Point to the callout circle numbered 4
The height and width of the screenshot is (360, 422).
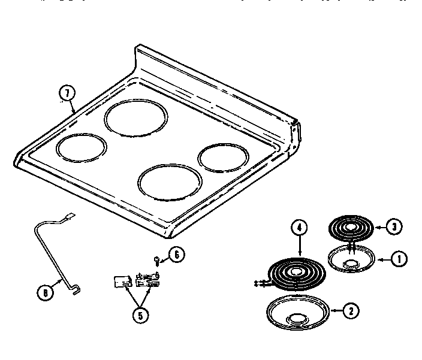(299, 228)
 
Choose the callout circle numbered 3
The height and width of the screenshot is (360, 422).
(393, 227)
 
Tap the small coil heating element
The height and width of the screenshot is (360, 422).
(351, 229)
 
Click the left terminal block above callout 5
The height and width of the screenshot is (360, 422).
(122, 281)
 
